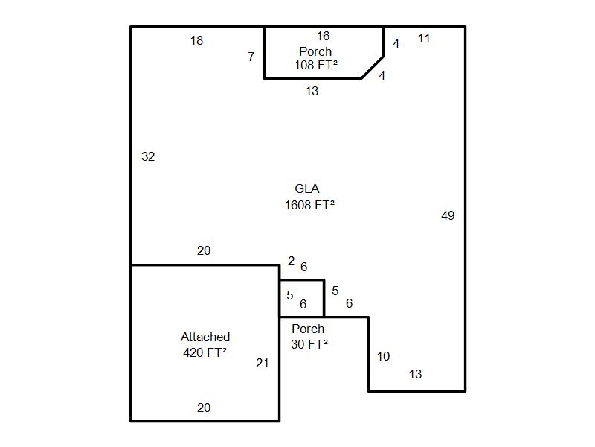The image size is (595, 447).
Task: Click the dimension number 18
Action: pyautogui.click(x=196, y=40)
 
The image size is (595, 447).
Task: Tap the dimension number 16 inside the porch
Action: pyautogui.click(x=323, y=36)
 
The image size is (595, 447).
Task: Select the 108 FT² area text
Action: pyautogui.click(x=315, y=65)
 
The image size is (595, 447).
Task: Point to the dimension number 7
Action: pyautogui.click(x=251, y=57)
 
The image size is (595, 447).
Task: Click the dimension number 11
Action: pyautogui.click(x=424, y=39)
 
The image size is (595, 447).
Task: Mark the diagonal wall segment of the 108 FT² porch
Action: pyautogui.click(x=373, y=68)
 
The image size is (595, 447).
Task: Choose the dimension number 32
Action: pyautogui.click(x=148, y=156)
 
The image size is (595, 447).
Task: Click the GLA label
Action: pyautogui.click(x=307, y=188)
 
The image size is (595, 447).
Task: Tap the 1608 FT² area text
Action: pyautogui.click(x=309, y=206)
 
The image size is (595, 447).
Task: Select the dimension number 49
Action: pyautogui.click(x=448, y=215)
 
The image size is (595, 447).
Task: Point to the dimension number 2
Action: pyautogui.click(x=291, y=261)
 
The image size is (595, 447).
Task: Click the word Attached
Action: pyautogui.click(x=205, y=337)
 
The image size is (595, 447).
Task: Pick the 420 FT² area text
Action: pyautogui.click(x=205, y=352)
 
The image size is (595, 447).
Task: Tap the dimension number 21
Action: pyautogui.click(x=263, y=363)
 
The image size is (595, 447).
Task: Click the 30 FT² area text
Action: pyautogui.click(x=309, y=344)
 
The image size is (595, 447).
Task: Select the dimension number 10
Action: pyautogui.click(x=383, y=356)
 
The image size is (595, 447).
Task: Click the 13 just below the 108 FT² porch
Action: pyautogui.click(x=312, y=91)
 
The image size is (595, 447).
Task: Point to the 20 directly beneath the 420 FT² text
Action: pyautogui.click(x=204, y=408)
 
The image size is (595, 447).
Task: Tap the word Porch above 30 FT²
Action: pyautogui.click(x=308, y=329)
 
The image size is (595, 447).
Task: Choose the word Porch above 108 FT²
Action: pyautogui.click(x=315, y=51)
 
